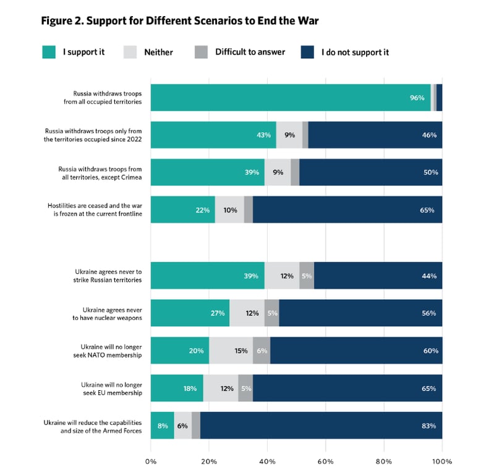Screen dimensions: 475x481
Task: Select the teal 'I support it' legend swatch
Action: click(x=49, y=52)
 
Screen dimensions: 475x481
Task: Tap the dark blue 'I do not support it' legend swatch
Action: click(x=308, y=52)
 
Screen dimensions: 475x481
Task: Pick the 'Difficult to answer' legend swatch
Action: click(x=201, y=52)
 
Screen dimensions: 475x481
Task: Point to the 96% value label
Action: click(x=417, y=98)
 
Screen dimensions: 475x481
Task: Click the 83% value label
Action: click(x=428, y=426)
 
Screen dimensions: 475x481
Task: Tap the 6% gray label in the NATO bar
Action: click(x=262, y=351)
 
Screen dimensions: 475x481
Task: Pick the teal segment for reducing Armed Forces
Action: click(x=162, y=426)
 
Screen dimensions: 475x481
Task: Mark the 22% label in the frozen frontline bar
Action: click(x=203, y=210)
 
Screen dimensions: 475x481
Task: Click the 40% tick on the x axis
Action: click(x=267, y=461)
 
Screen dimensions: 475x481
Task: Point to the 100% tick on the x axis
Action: click(x=442, y=461)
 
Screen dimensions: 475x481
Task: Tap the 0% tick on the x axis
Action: click(x=151, y=461)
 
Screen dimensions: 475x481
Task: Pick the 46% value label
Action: click(x=430, y=135)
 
